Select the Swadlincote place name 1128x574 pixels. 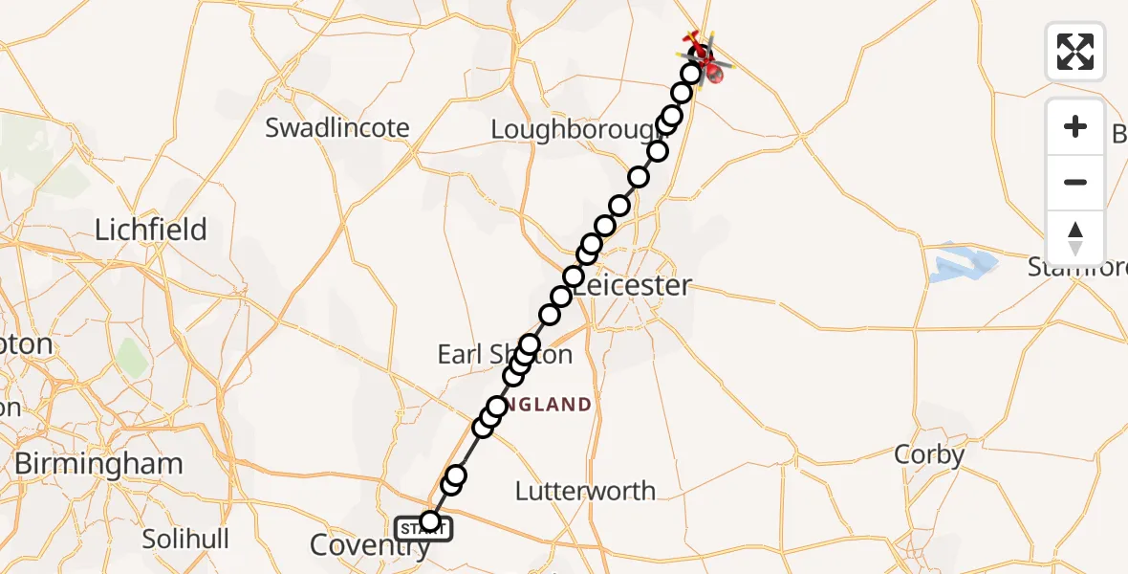point(337,127)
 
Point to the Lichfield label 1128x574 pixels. point(150,230)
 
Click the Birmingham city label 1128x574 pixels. point(98,464)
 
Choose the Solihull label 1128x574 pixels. point(185,539)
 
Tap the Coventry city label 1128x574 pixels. point(367,546)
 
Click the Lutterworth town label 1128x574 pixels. point(585,492)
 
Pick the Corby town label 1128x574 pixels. point(928,455)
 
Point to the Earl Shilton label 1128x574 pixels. point(505,355)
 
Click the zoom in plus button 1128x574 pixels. point(1075,126)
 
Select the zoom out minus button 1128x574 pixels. point(1075,182)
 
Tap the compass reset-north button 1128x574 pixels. point(1075,238)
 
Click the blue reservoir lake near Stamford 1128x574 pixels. point(961,263)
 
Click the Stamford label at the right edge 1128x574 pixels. point(1077,266)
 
